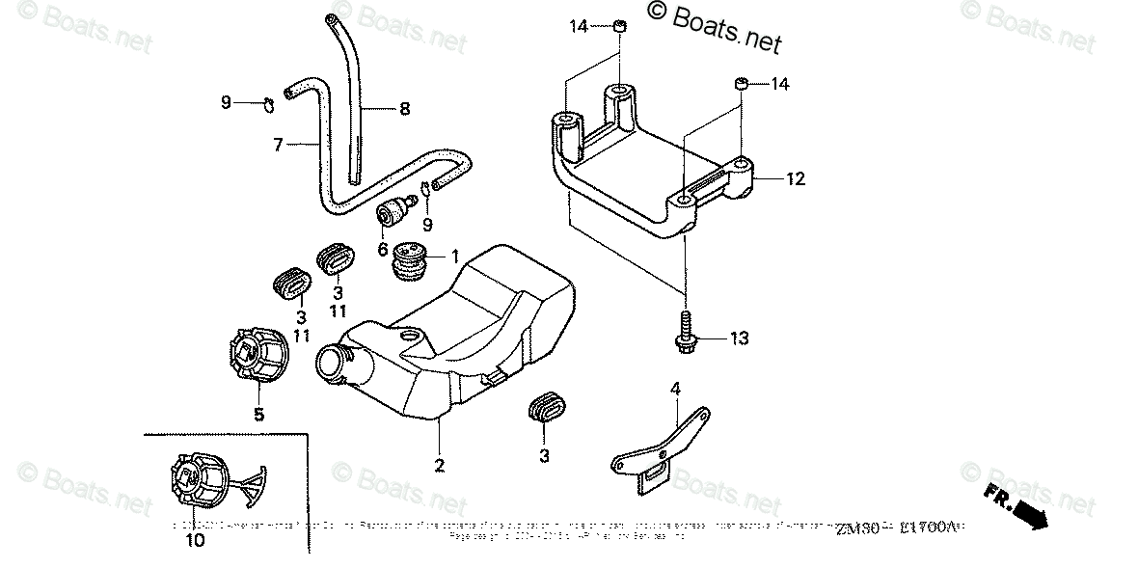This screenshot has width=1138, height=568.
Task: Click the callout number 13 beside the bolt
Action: pyautogui.click(x=739, y=338)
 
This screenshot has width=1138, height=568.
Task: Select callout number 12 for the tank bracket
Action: pyautogui.click(x=795, y=178)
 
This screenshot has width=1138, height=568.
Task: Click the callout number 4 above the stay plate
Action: pyautogui.click(x=676, y=389)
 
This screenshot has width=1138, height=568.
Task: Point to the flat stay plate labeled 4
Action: pyautogui.click(x=665, y=448)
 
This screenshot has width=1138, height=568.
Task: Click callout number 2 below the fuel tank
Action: pyautogui.click(x=439, y=466)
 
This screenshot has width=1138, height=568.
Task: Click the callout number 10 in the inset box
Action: pyautogui.click(x=195, y=541)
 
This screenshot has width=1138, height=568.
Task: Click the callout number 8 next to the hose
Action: pyautogui.click(x=404, y=109)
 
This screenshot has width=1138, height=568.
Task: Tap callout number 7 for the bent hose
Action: pyautogui.click(x=278, y=145)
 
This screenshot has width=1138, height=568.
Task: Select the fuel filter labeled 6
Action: pyautogui.click(x=393, y=213)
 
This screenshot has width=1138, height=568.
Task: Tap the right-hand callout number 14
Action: pyautogui.click(x=779, y=84)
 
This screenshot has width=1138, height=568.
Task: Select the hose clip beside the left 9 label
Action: pyautogui.click(x=267, y=101)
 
